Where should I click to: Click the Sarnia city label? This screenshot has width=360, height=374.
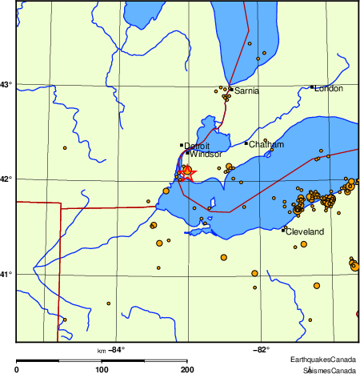[x=247, y=91]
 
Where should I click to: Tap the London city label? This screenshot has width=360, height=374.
[x=329, y=88]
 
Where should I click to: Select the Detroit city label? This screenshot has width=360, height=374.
[x=197, y=147]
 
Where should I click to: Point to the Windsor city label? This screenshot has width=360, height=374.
[x=206, y=154]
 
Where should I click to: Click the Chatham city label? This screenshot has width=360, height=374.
[x=266, y=145]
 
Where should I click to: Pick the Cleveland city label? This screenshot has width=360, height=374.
[x=305, y=231]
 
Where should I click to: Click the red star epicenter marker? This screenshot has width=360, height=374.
[x=186, y=174]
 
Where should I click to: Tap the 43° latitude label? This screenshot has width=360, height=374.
[x=6, y=84]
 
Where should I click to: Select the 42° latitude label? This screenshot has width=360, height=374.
[x=6, y=179]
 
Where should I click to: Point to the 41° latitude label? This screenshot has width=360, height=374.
[x=6, y=274]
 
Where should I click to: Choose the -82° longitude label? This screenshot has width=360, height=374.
[x=261, y=350]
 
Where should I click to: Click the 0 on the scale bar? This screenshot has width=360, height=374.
[x=17, y=370]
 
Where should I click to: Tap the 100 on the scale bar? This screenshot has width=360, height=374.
[x=102, y=370]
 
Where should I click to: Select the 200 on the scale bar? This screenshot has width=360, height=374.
[x=186, y=370]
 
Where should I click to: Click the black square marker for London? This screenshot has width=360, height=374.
[x=312, y=86]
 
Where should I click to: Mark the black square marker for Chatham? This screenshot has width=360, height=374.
[x=246, y=143]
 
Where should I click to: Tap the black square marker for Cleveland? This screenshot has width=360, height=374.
[x=284, y=230]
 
